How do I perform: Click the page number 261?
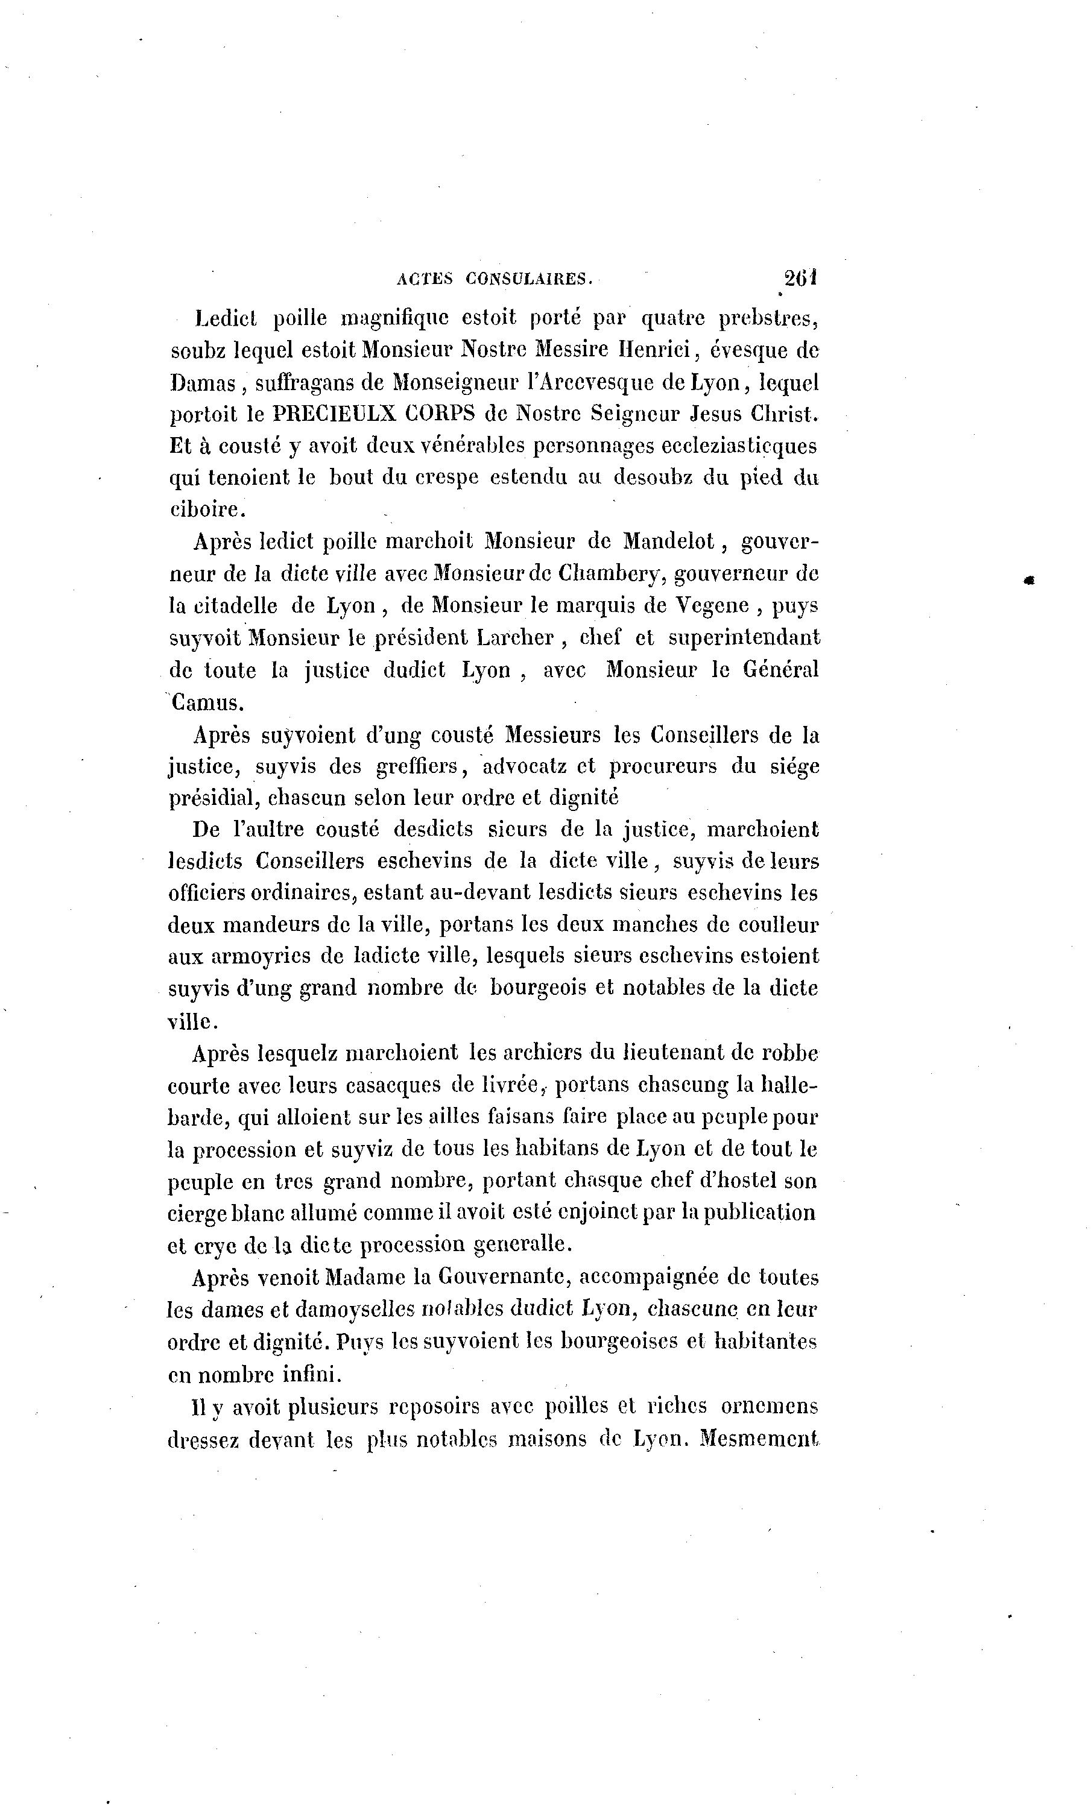point(800,278)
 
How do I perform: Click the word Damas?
point(203,382)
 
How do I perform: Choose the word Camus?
point(206,702)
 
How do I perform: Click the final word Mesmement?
point(759,1439)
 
